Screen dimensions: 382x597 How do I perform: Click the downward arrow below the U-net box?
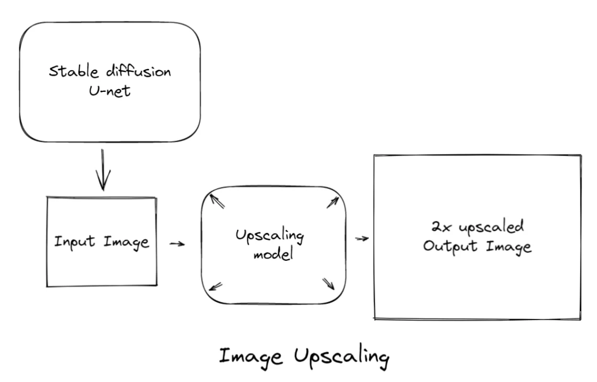pos(103,169)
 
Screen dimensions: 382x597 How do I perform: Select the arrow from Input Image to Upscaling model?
pos(177,244)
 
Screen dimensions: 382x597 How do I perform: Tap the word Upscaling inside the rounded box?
pos(270,238)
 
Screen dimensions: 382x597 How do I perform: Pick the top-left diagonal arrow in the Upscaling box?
pos(218,200)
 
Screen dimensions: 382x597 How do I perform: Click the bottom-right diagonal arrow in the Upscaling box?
pos(328,283)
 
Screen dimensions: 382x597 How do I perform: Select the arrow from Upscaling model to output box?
pos(362,239)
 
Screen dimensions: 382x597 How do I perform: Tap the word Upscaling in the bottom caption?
pos(342,357)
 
